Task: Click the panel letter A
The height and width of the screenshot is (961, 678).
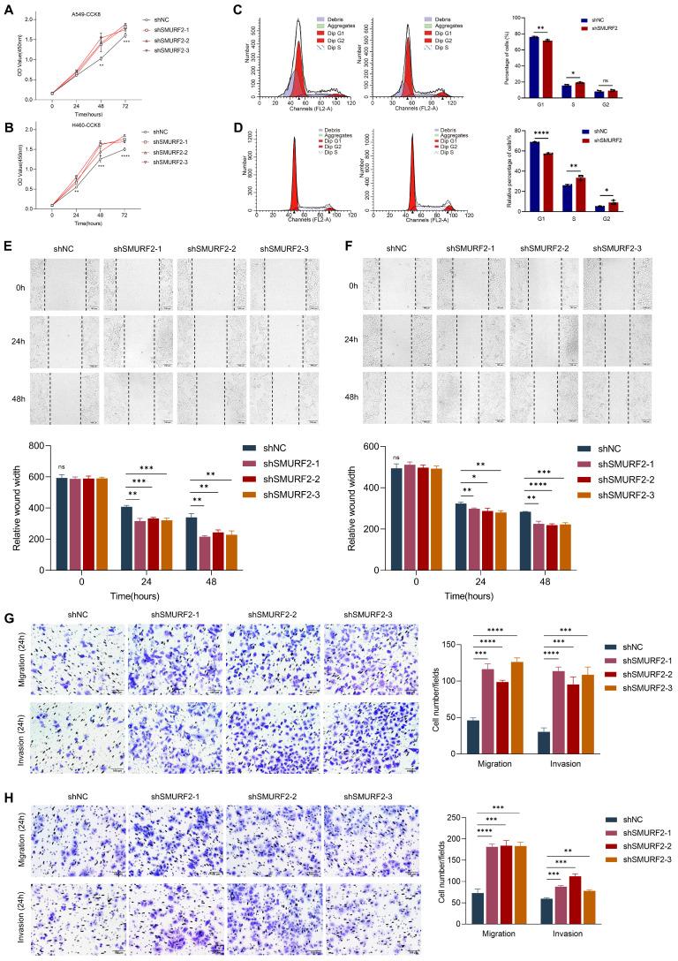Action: click(x=8, y=9)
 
